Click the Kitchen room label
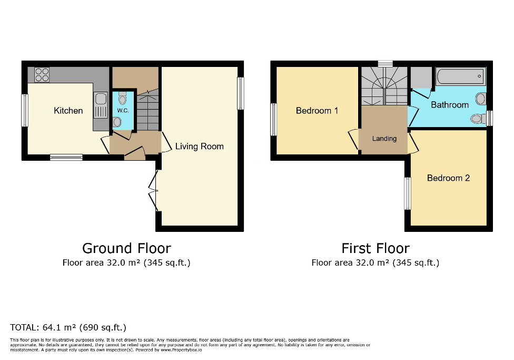point(68,111)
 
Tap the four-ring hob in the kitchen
point(42,75)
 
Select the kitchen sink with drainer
point(99,105)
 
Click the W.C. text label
point(123,111)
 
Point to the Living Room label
point(199,146)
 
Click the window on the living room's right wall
point(241,93)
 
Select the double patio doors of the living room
point(153,191)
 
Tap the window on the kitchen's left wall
point(24,110)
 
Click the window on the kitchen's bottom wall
point(66,157)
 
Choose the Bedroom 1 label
point(317,111)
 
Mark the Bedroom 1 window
point(274,119)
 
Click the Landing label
point(384,139)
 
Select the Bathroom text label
point(450,105)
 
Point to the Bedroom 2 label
point(448,178)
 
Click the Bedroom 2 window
point(408,193)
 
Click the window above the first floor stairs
point(385,64)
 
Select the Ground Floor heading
point(126,248)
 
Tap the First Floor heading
point(375,248)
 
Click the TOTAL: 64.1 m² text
point(68,327)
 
